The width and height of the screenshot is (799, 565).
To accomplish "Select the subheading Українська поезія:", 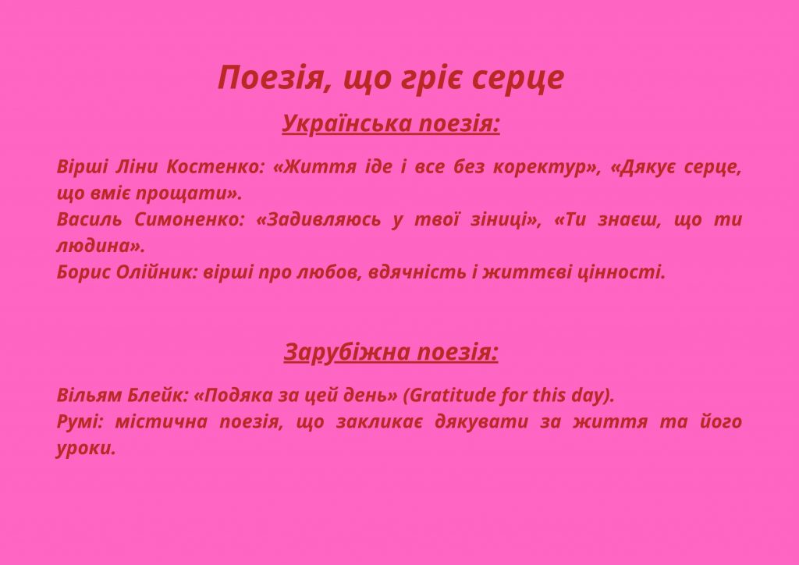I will point(391,123).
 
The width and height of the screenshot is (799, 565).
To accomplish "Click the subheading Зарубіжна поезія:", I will point(391,353).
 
